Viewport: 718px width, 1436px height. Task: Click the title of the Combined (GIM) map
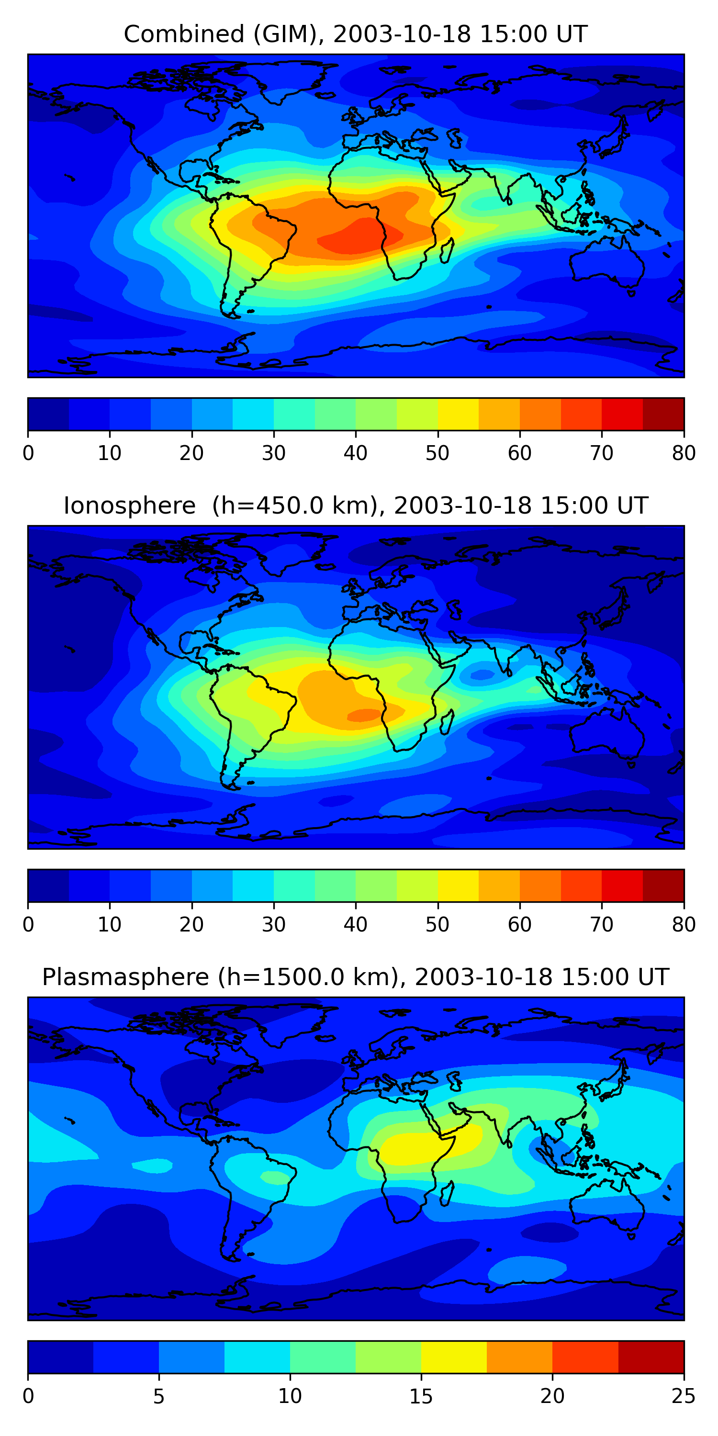(x=355, y=34)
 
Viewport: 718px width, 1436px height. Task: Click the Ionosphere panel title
(x=355, y=505)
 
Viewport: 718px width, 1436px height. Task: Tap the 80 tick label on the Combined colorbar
(x=684, y=453)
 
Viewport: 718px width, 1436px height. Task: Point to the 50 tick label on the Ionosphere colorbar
(x=438, y=924)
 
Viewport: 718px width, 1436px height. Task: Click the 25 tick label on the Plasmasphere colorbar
(x=684, y=1396)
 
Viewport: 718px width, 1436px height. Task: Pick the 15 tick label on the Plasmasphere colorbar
(x=421, y=1396)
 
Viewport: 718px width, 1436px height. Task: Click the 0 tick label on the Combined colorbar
(x=28, y=453)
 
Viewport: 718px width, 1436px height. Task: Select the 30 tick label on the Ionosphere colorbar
(x=274, y=924)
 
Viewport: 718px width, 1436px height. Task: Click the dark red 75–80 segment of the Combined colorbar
(x=663, y=414)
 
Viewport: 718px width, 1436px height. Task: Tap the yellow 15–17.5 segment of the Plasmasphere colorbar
(x=454, y=1357)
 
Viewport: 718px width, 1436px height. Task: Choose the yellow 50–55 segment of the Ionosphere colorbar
(x=458, y=885)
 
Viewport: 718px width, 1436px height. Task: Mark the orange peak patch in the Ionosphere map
(x=365, y=715)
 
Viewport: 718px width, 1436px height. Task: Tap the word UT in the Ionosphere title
(x=633, y=505)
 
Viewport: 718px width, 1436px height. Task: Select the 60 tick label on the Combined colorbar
(x=519, y=453)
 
